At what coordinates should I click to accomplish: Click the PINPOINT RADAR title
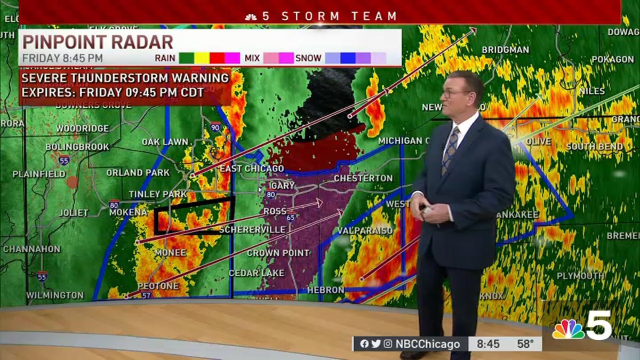[x=98, y=42]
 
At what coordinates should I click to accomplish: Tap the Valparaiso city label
[x=365, y=231]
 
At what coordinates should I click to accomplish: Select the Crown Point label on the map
[x=278, y=253]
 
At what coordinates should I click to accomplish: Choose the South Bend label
[x=595, y=147]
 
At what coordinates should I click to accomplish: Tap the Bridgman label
[x=505, y=50]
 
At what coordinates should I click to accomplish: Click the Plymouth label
[x=580, y=276]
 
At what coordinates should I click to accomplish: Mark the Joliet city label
[x=74, y=213]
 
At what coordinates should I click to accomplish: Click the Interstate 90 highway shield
[x=215, y=127]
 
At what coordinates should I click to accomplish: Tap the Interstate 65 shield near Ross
[x=291, y=217]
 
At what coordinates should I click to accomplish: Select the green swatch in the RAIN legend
[x=186, y=58]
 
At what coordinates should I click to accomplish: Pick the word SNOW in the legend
[x=308, y=58]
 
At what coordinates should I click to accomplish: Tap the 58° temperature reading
[x=525, y=344]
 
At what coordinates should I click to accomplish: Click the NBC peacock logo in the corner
[x=568, y=330]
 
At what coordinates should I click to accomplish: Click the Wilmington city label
[x=55, y=295]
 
